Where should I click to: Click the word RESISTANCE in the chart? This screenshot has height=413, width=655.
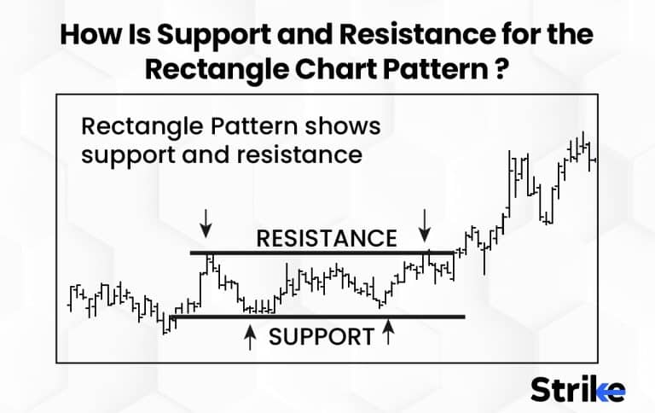(x=327, y=238)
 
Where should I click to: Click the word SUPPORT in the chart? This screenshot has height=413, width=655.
(x=322, y=336)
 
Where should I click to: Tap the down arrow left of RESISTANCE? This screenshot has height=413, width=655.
(x=205, y=226)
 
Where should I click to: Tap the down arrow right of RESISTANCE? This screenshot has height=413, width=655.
(x=424, y=226)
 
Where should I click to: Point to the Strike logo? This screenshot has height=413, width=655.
(x=577, y=389)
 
